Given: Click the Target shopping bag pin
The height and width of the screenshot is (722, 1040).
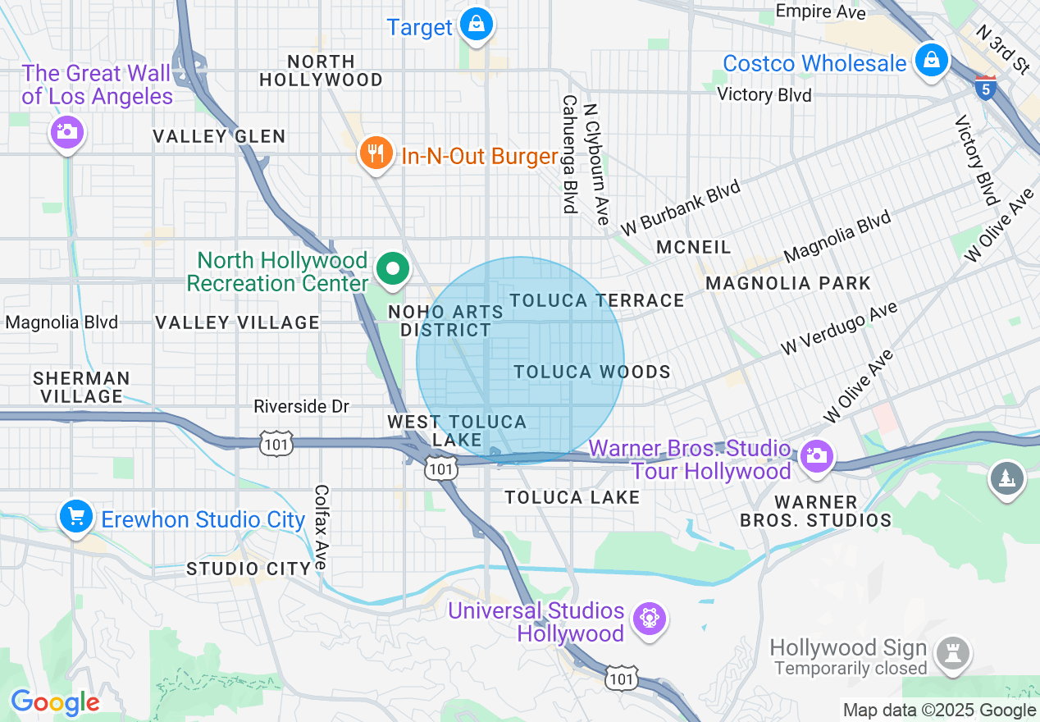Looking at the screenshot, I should click(476, 25).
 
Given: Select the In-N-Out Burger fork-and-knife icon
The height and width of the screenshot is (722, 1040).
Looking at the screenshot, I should click(376, 153).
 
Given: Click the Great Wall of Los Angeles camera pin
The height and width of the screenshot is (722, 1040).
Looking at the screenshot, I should click(66, 131).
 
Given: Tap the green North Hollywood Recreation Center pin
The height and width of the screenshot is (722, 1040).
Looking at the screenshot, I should click(394, 270).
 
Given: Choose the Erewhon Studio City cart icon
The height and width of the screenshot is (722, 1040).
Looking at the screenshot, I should click(76, 517).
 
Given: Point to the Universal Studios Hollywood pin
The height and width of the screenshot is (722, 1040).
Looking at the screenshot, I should click(650, 617).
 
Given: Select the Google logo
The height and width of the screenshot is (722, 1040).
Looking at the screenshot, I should click(55, 702).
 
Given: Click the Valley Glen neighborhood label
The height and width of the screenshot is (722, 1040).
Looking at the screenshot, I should click(220, 136).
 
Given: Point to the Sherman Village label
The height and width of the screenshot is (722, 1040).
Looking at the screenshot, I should click(81, 387).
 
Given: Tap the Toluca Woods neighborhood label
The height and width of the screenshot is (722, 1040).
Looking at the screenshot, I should click(592, 372).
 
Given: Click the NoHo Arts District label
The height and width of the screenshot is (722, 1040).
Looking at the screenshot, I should click(445, 321).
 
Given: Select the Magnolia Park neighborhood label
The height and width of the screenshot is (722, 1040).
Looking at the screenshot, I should click(788, 283).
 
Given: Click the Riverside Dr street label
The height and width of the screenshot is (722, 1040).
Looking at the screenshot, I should click(301, 406).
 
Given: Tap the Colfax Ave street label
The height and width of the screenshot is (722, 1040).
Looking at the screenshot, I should click(321, 526).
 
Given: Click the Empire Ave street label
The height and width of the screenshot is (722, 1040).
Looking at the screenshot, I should click(820, 11).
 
